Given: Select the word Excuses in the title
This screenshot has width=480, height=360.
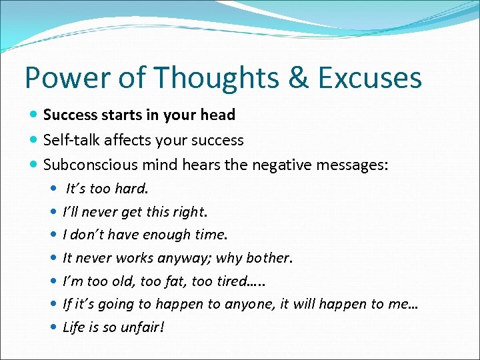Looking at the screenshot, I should coord(369,77).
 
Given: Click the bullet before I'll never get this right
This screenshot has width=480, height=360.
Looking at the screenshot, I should coord(53,213).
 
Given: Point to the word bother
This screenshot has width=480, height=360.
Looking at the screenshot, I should coord(270,258).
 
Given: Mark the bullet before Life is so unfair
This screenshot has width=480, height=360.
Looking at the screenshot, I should coord(53,327).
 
